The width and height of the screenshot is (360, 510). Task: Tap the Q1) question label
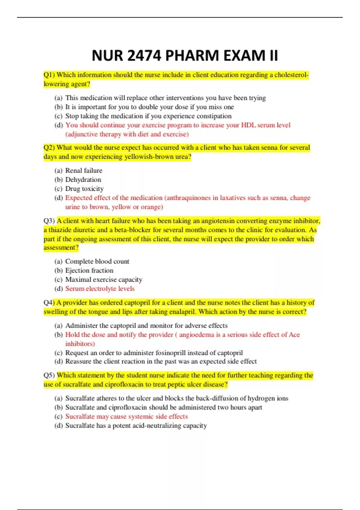click(49, 75)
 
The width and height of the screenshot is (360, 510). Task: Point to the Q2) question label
click(49, 148)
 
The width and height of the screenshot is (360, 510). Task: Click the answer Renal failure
click(84, 171)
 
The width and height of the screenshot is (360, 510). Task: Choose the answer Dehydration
click(83, 180)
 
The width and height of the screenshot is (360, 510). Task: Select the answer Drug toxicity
click(84, 189)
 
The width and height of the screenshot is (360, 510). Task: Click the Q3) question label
click(49, 221)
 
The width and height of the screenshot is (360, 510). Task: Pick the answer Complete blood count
click(97, 262)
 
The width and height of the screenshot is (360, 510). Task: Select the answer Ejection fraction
click(89, 271)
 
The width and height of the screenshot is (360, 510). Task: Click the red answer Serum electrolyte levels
click(100, 289)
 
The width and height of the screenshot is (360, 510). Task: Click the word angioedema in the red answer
click(196, 335)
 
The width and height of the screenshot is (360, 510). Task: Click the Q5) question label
click(49, 376)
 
